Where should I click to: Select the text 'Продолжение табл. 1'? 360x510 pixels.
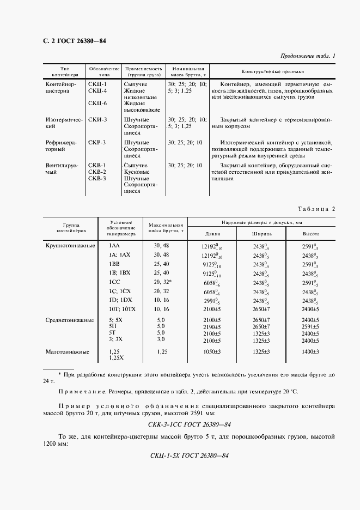coord(308,56)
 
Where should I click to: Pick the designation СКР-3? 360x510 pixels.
coord(97,143)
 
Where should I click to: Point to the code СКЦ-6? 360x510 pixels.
coord(97,103)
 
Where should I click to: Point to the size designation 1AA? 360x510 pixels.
coord(115,246)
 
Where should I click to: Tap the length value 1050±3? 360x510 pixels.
coord(212,353)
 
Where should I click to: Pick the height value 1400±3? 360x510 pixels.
coord(311,353)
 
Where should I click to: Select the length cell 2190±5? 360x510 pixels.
coord(212,326)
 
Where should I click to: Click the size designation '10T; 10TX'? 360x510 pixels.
coord(122,308)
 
